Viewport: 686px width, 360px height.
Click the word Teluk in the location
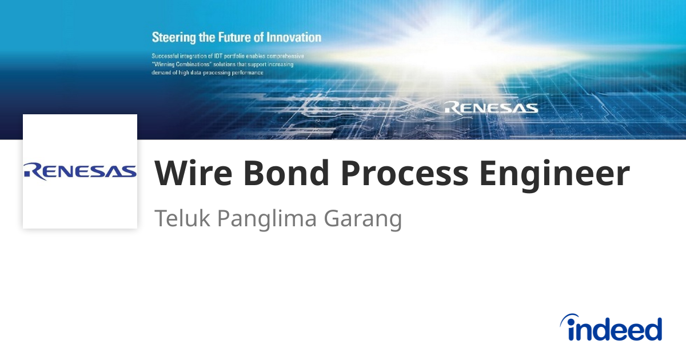pyautogui.click(x=182, y=219)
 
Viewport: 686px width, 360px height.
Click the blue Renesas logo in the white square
pyautogui.click(x=80, y=171)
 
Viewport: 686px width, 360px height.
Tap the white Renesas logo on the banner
pyautogui.click(x=491, y=107)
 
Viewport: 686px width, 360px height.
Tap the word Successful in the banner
pyautogui.click(x=167, y=56)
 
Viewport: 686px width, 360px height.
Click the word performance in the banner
pyautogui.click(x=245, y=73)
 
